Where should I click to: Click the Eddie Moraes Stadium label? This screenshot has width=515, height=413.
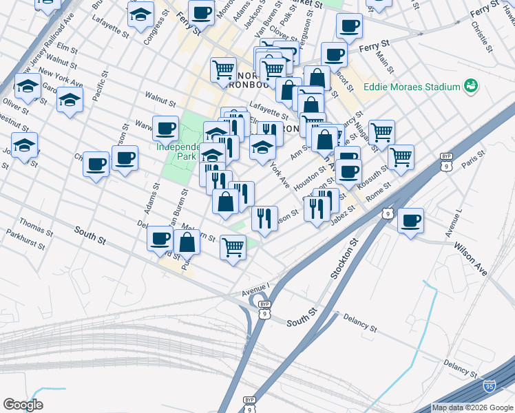click(412, 87)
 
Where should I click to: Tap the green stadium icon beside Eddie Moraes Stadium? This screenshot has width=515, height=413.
click(471, 86)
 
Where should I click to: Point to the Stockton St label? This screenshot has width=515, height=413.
click(345, 258)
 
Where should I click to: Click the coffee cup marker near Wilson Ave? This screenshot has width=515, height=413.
click(410, 221)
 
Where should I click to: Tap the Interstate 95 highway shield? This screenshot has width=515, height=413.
click(490, 388)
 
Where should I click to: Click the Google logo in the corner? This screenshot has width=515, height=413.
click(23, 405)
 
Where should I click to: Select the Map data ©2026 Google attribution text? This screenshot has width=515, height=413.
click(472, 407)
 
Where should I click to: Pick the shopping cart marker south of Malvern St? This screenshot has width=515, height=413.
click(233, 246)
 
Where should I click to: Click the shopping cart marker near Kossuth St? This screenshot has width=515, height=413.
click(400, 157)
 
